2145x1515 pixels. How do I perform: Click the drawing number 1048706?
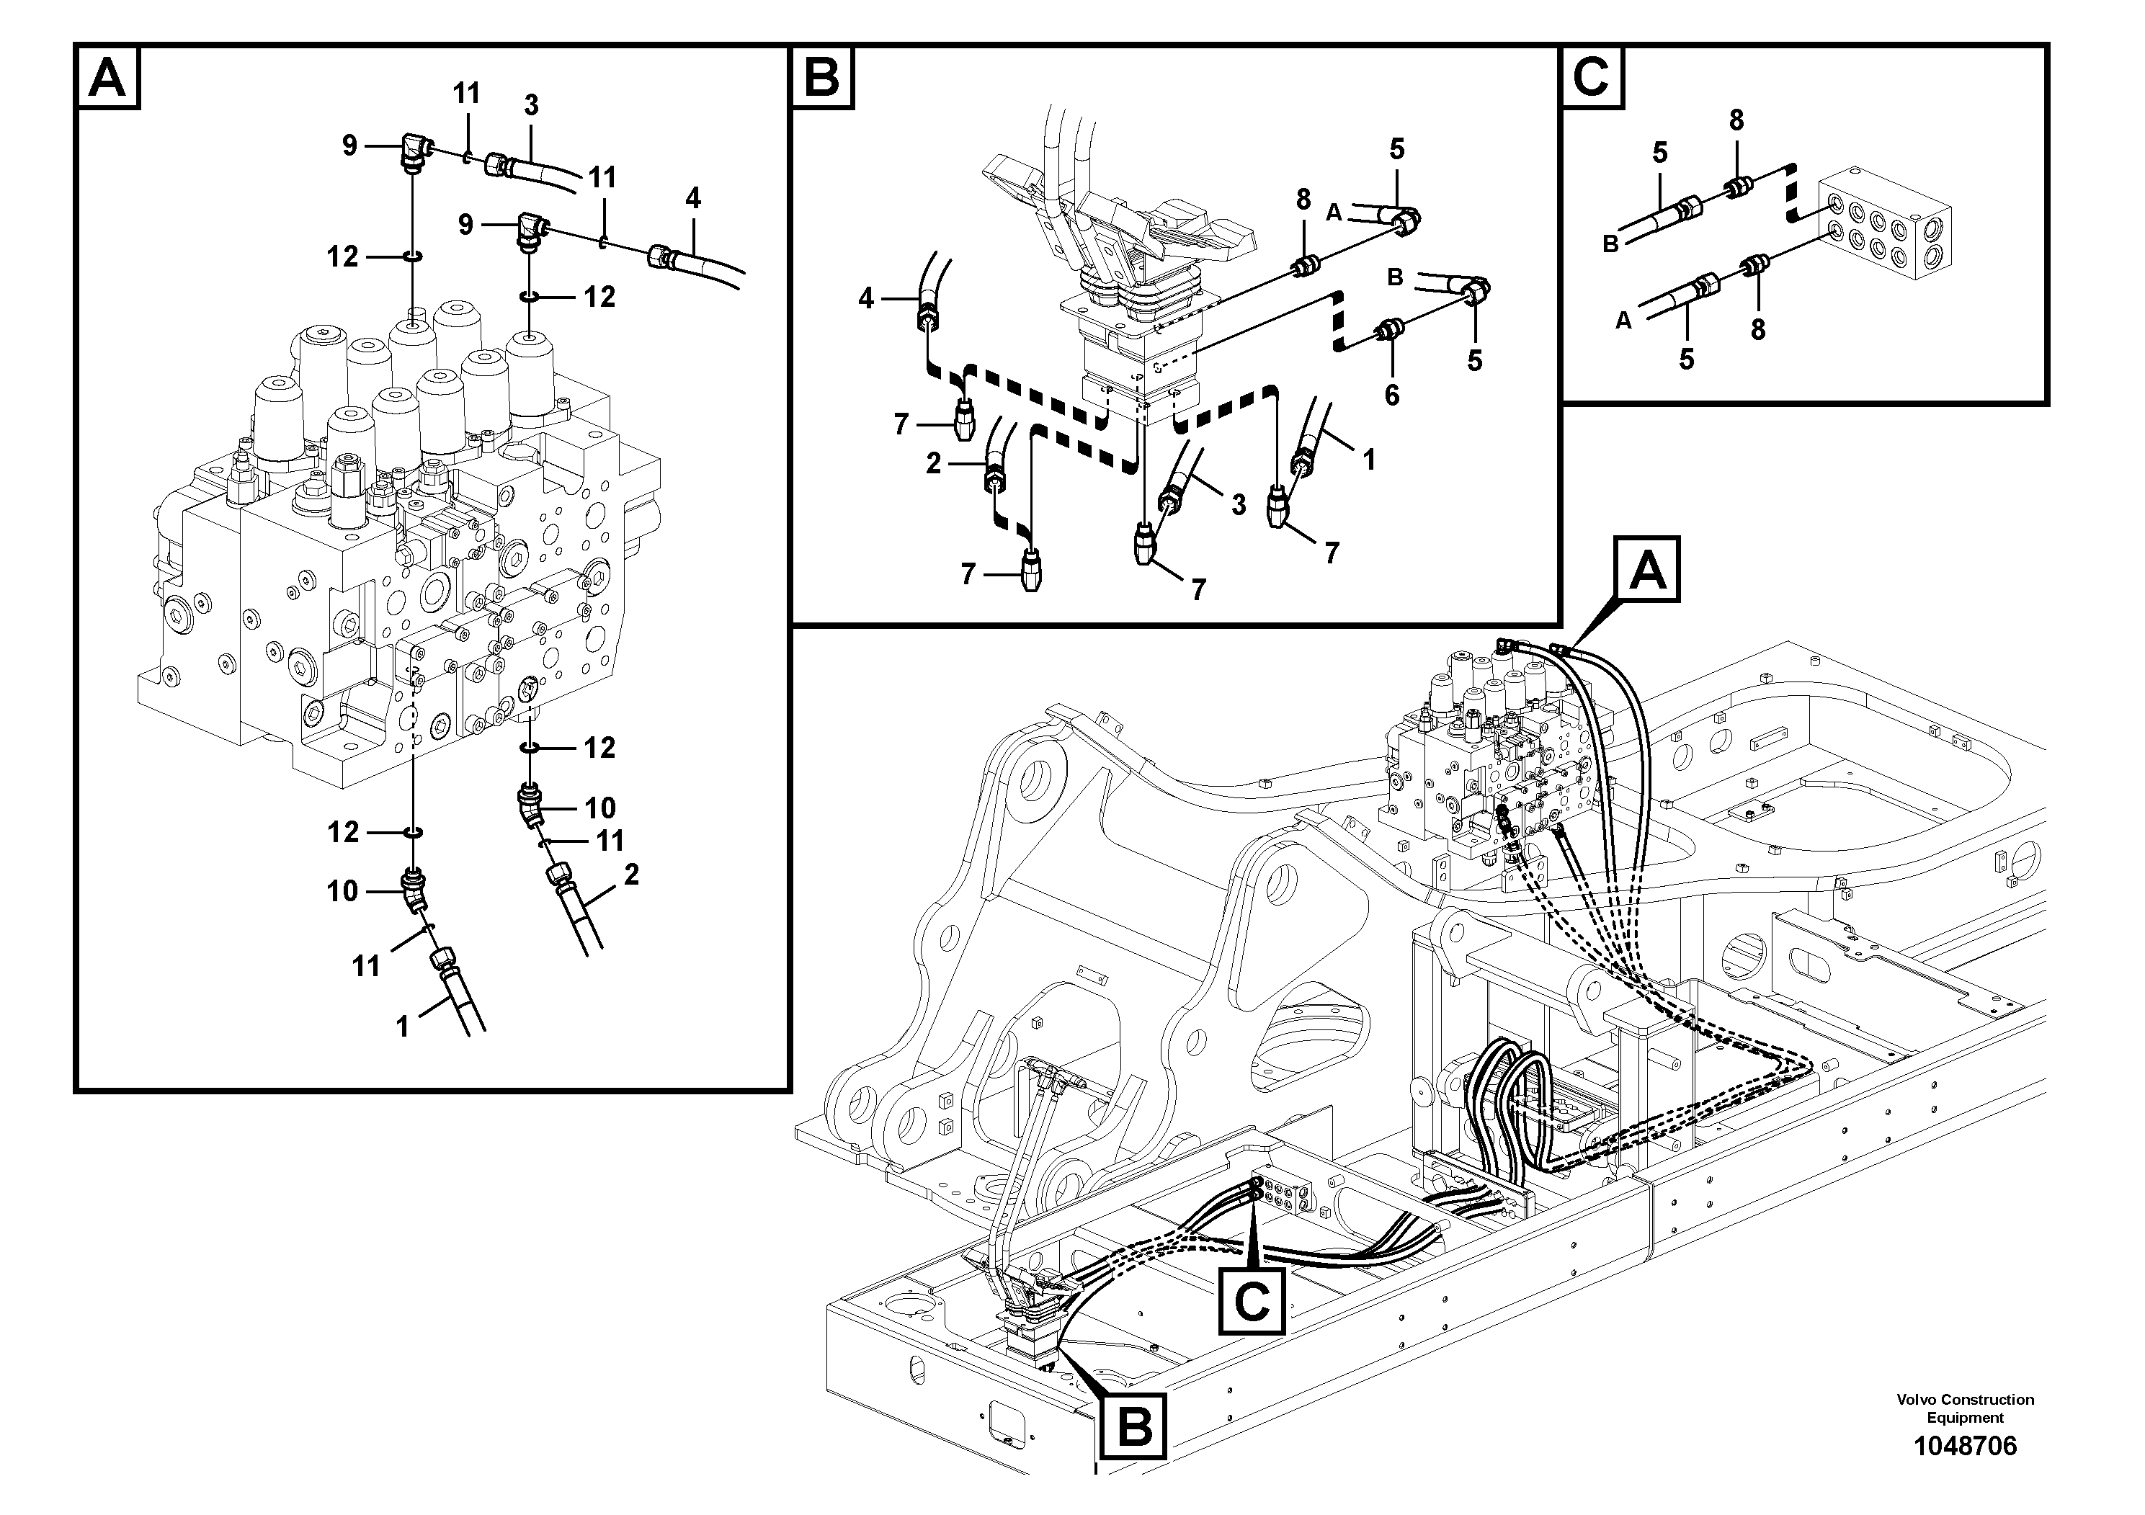(x=1965, y=1447)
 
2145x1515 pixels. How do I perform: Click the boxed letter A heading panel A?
(x=107, y=78)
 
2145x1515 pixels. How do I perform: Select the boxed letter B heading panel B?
(x=822, y=78)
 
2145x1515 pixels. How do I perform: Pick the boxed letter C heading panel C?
(x=1592, y=78)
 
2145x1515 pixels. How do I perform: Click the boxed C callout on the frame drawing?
(x=1251, y=1300)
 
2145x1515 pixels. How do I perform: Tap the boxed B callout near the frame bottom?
(x=1134, y=1426)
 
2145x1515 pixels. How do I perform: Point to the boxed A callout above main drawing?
(x=1647, y=569)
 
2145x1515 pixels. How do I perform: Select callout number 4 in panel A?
(x=692, y=198)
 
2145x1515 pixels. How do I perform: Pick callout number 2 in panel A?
(x=632, y=875)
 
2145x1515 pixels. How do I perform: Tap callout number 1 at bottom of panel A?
(x=403, y=1027)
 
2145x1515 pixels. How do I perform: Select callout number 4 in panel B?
(x=866, y=299)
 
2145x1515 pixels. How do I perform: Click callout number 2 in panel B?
(x=933, y=462)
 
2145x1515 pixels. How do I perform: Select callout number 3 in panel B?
(x=1238, y=505)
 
